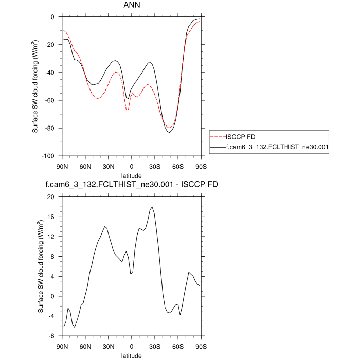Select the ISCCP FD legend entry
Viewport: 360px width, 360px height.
pos(241,136)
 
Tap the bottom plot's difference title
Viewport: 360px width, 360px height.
pos(131,184)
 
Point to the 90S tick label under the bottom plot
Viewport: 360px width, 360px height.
pos(200,346)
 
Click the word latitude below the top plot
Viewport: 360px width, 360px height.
pos(131,175)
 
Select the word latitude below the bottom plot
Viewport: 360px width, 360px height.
pos(131,355)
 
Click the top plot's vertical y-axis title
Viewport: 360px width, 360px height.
pos(35,86)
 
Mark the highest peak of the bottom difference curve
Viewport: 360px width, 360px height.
pos(152,207)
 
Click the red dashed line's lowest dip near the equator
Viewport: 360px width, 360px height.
pos(127,110)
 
